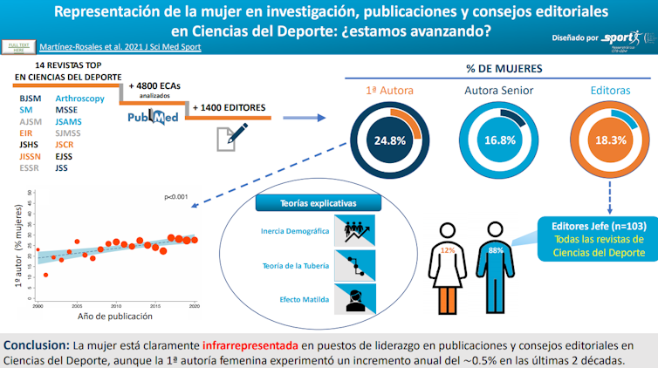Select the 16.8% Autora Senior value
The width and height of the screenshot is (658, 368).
[499, 140]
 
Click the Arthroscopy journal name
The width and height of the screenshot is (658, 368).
[79, 99]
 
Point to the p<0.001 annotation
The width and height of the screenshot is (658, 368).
[177, 198]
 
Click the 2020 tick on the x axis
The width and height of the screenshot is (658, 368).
[195, 307]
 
